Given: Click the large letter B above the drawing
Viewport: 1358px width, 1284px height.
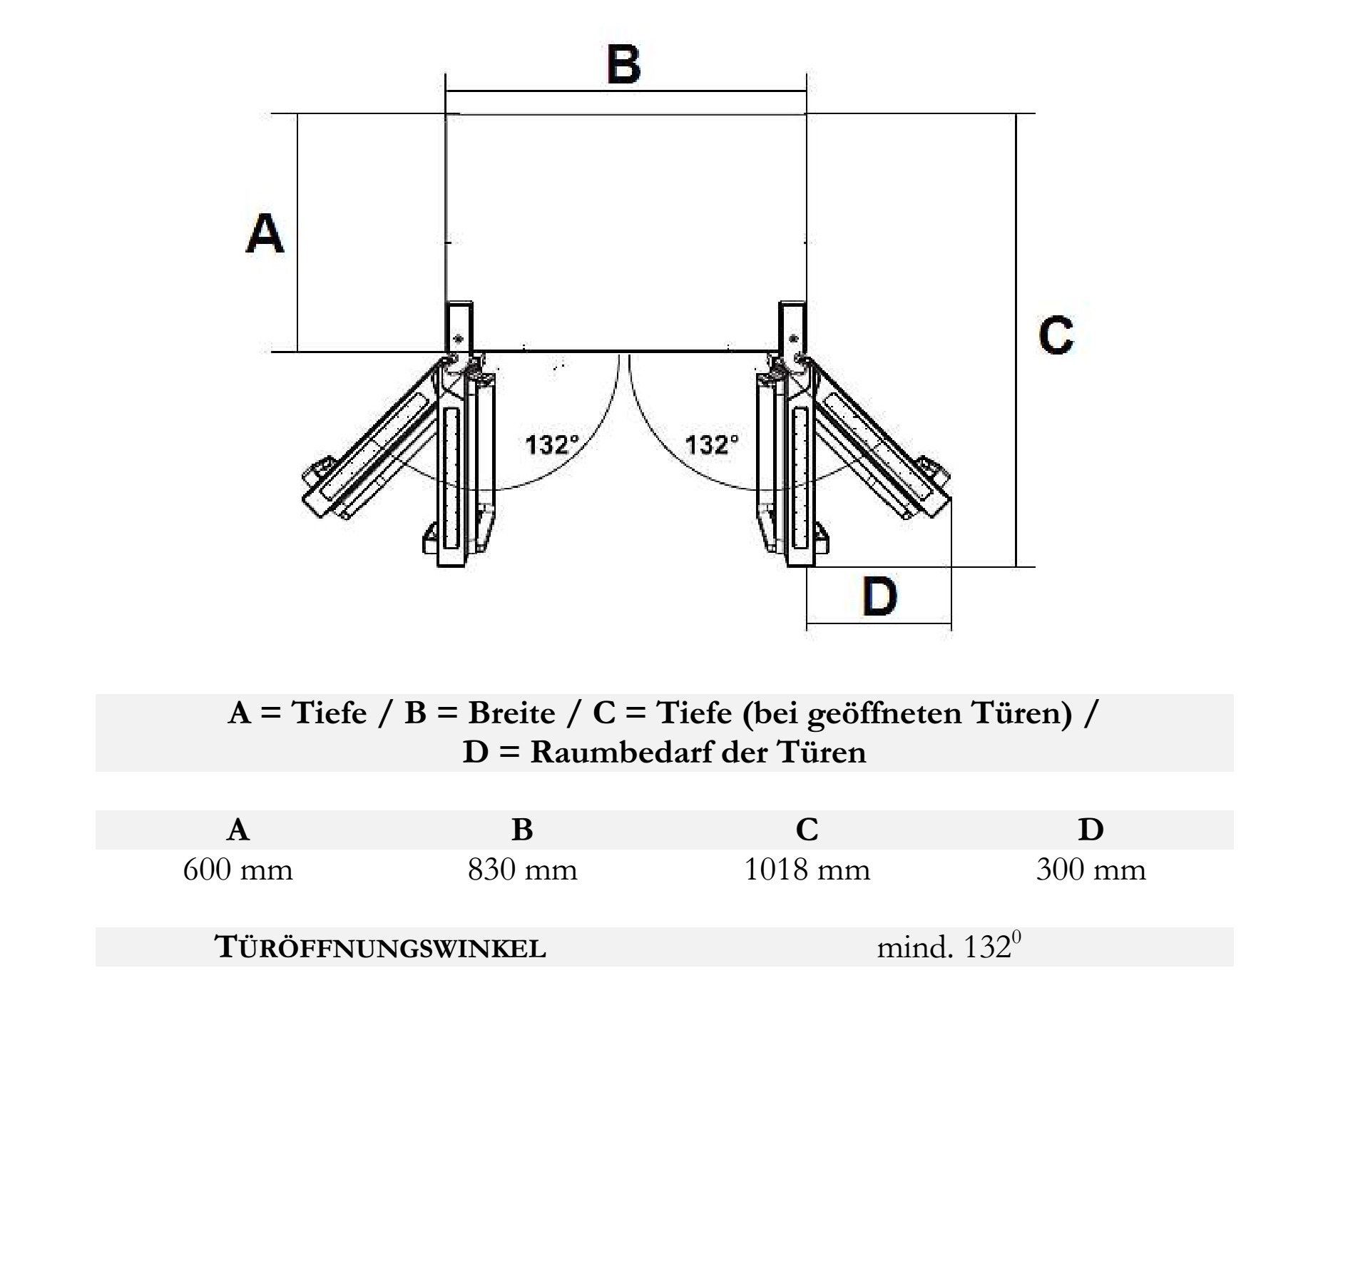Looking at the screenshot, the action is pos(624,64).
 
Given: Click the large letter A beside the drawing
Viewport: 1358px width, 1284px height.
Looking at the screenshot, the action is pos(265,233).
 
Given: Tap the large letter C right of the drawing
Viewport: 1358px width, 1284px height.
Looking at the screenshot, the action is pos(1056,335).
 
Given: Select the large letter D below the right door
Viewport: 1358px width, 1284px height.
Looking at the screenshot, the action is pos(879,596).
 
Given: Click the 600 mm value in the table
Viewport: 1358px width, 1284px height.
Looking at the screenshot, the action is pos(238,870).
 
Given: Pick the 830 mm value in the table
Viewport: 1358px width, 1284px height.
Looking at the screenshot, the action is pos(523,870).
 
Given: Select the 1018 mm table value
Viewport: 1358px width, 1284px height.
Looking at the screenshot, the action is pos(807,870).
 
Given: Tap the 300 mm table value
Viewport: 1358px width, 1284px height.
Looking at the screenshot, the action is pos(1091,870).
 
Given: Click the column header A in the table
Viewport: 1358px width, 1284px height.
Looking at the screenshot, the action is pos(238,830).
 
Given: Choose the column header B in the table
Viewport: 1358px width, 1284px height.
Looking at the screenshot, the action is pos(523,830).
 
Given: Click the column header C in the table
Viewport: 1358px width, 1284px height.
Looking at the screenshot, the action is pos(807,830).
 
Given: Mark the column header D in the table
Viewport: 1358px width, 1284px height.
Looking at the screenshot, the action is pos(1091,830).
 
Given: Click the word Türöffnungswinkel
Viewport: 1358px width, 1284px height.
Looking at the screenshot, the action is pos(381,947).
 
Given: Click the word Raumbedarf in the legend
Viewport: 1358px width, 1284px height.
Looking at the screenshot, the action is pos(626,753).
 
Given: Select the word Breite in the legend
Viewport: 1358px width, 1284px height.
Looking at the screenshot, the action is pos(511,713).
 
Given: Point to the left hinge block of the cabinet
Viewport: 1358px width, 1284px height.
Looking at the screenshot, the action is pos(459,328).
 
